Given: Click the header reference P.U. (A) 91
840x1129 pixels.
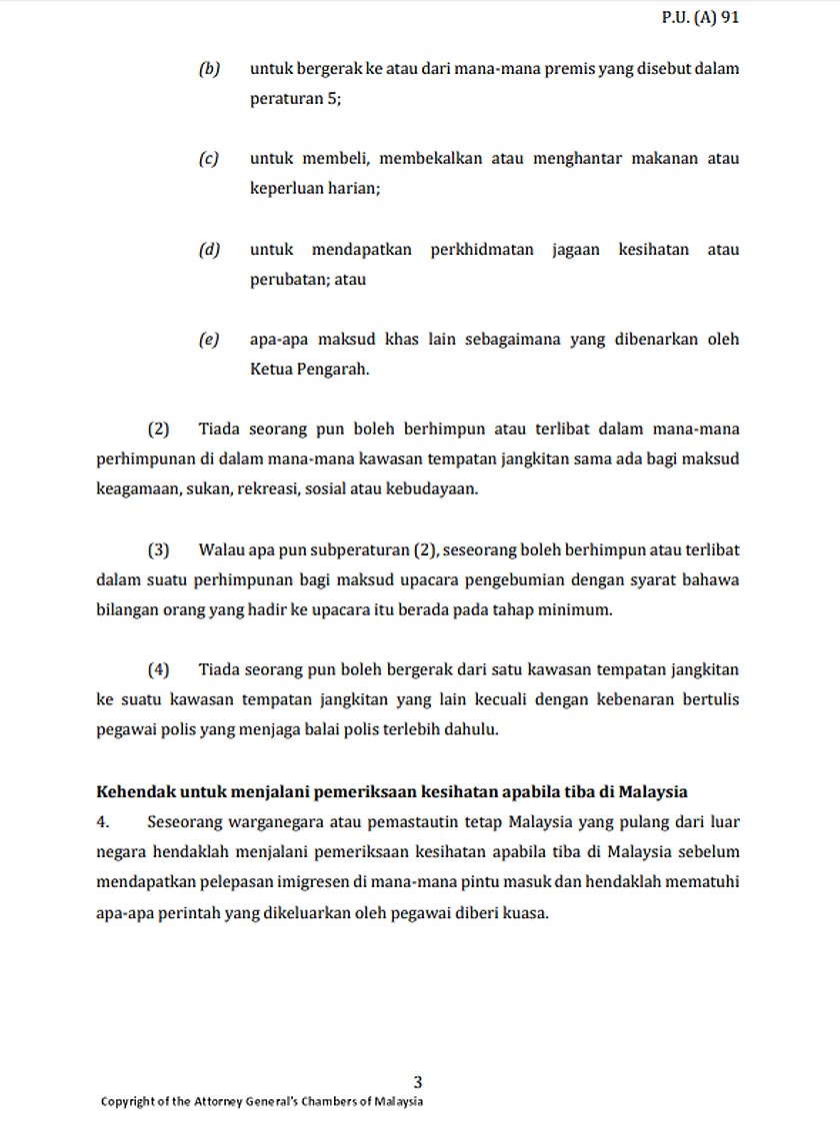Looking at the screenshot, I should point(700,17).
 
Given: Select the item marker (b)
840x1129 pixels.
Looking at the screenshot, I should point(209,69).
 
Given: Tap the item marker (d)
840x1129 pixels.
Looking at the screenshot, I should point(209,249).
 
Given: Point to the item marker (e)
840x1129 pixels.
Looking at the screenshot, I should point(209,339).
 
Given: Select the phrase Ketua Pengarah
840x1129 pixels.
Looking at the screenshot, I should point(309,369).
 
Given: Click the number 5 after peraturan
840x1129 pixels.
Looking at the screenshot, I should point(333,99).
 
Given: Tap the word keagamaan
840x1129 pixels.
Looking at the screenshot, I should point(135,489).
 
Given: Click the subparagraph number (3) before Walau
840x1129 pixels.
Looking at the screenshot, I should point(158,550).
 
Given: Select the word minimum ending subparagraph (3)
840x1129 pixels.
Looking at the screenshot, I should point(577,609).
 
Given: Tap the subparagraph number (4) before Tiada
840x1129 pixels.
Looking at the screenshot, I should point(158,669).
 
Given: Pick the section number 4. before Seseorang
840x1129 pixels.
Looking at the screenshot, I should point(103,822).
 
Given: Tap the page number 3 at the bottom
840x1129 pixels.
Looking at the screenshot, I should point(418,1081).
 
